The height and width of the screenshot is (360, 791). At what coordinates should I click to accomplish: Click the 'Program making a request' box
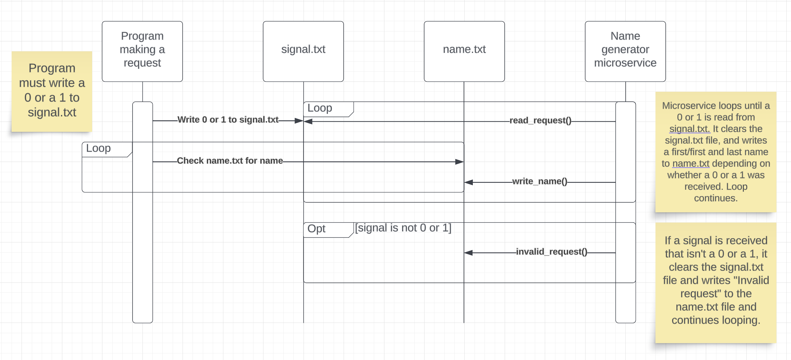(142, 51)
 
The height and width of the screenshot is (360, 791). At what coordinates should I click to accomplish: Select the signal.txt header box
(303, 51)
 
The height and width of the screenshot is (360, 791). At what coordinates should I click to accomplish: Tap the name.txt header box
(464, 51)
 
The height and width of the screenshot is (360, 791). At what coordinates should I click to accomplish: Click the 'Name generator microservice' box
(625, 51)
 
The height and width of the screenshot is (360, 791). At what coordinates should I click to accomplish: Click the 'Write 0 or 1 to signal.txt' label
(228, 120)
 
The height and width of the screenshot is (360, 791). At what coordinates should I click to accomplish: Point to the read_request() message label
(540, 121)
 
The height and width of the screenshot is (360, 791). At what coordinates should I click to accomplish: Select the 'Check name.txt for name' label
(230, 161)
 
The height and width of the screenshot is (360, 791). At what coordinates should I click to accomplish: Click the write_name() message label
(539, 181)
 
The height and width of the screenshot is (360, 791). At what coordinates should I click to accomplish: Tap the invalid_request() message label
(551, 252)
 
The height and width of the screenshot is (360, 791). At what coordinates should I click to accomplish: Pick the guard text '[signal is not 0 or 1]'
(403, 228)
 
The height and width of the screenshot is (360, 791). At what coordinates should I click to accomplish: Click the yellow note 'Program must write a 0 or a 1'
(52, 90)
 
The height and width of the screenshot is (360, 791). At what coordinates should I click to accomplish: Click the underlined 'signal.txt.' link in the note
(689, 129)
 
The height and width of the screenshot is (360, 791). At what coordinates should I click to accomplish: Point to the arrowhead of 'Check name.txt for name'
(460, 162)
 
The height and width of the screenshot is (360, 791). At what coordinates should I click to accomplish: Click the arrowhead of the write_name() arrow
(468, 182)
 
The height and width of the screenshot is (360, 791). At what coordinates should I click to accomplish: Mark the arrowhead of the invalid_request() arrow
(468, 253)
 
